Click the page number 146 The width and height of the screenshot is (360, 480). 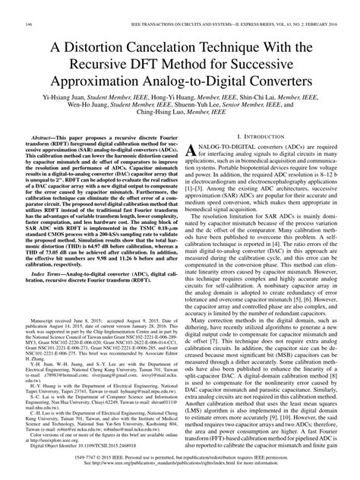30,5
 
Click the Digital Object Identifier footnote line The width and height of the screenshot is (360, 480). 83,438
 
